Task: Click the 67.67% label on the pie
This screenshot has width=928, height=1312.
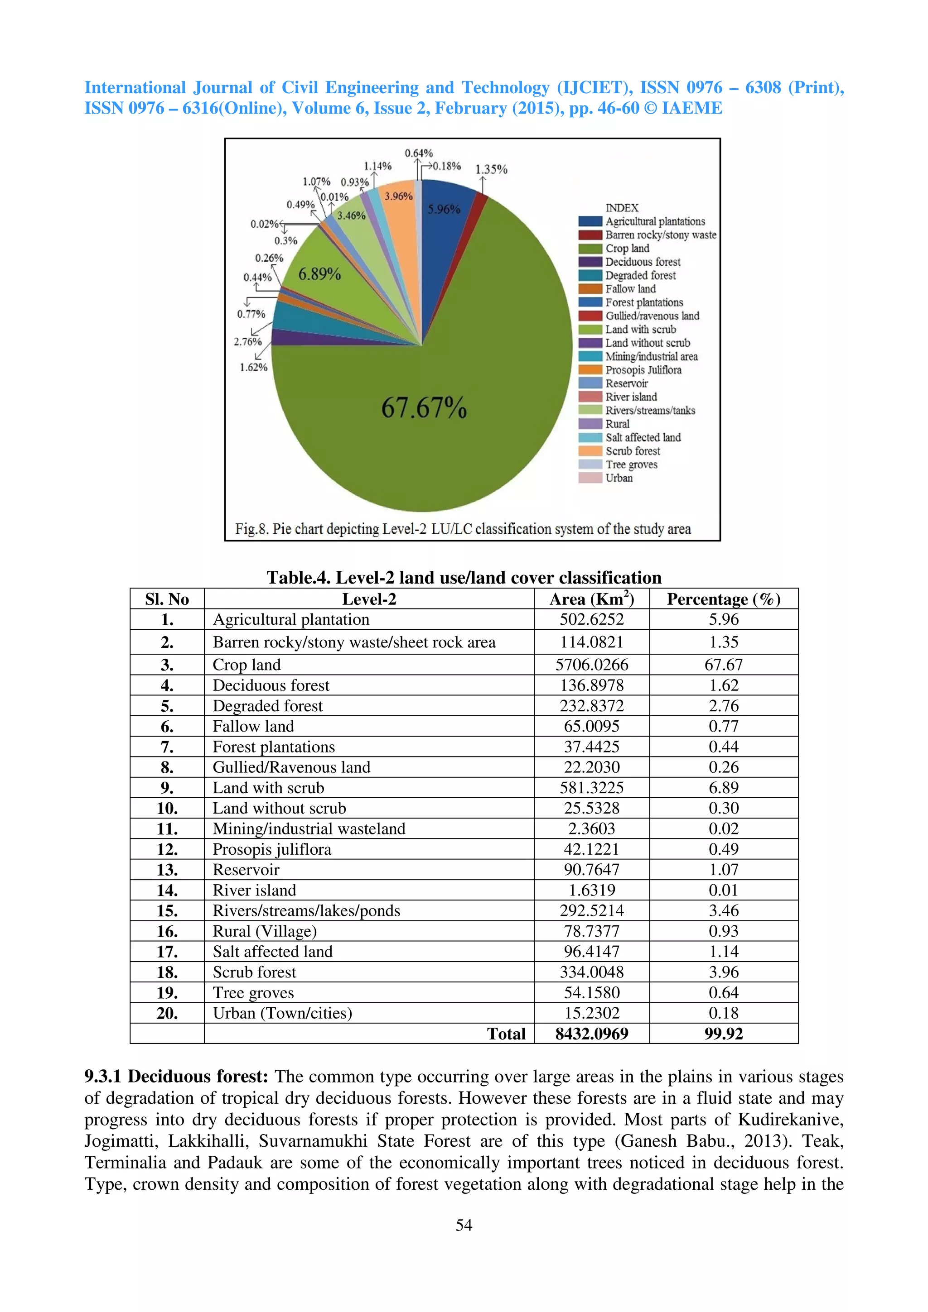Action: pos(424,408)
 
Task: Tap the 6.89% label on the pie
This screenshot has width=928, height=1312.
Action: pos(319,274)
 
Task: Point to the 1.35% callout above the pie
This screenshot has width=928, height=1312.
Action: pos(491,169)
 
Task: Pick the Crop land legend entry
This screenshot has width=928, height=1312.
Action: pos(627,249)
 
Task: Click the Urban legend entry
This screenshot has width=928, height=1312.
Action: pos(619,478)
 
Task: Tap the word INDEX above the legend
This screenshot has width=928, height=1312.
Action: pos(622,208)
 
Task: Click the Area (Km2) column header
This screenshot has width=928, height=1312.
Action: pos(591,599)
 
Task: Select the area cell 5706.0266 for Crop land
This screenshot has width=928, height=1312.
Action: pos(591,665)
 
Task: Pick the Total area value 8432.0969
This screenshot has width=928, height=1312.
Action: pos(591,1034)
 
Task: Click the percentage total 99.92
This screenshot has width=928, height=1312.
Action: pos(723,1034)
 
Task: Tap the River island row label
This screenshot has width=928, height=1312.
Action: pos(255,890)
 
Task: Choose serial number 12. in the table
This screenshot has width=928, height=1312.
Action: pos(167,850)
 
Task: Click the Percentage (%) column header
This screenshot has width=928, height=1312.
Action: pos(723,599)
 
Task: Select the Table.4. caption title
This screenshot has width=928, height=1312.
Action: pos(464,578)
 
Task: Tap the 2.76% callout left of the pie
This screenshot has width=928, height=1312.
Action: pos(247,342)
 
